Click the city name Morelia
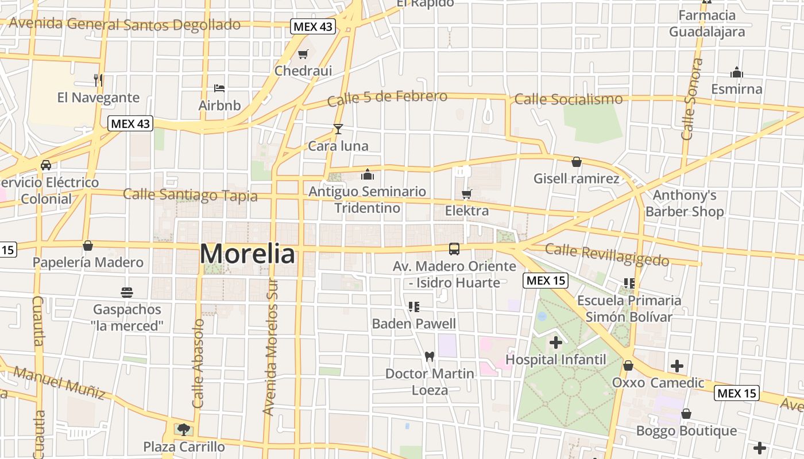(248, 254)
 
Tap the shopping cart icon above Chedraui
(303, 55)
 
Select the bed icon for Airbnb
(219, 88)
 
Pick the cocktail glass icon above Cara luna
(338, 129)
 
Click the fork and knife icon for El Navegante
(98, 80)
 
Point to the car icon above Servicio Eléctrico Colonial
(46, 165)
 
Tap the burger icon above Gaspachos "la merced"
(127, 293)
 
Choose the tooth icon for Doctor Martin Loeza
(429, 356)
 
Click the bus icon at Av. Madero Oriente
(454, 249)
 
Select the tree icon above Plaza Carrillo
(183, 429)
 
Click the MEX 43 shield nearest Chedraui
(312, 26)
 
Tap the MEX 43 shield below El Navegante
(130, 123)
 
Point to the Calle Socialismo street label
(569, 99)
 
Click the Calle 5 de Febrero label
(387, 98)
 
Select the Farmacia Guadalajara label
(707, 24)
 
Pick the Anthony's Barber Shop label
(685, 203)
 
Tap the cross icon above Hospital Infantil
(555, 343)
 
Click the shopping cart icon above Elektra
(467, 194)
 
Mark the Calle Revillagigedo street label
(607, 255)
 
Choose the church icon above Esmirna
(737, 72)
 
